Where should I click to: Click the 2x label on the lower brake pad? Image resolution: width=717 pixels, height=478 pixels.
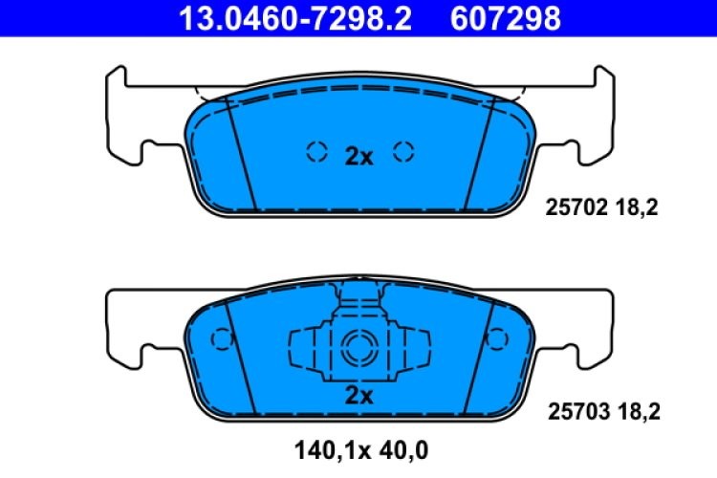point(358,394)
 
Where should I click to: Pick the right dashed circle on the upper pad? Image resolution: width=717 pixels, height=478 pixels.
point(403,150)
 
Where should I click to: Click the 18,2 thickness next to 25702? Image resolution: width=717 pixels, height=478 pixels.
point(640,205)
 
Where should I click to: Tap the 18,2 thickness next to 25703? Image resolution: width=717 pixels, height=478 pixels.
point(640,412)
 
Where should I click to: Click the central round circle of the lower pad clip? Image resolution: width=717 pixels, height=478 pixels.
point(360,346)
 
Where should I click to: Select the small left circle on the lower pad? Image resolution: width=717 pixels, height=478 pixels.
point(221,338)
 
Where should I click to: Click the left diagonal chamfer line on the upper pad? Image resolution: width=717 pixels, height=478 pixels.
point(243,153)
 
